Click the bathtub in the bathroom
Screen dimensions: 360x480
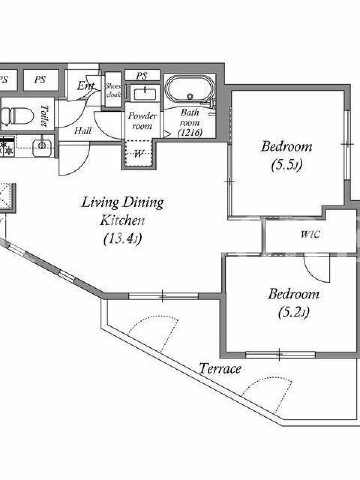click(x=190, y=89)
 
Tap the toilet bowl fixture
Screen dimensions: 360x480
click(x=17, y=115)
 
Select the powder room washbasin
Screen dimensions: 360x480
click(x=145, y=94)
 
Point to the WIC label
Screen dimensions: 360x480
click(x=310, y=235)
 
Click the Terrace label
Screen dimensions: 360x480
click(x=220, y=368)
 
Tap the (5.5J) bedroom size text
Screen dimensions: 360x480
click(x=287, y=166)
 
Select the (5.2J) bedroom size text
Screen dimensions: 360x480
click(x=294, y=313)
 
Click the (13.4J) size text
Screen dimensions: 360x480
click(x=123, y=239)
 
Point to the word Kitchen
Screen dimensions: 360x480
click(x=122, y=220)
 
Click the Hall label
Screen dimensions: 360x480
click(x=83, y=131)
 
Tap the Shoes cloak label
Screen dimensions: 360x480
click(x=113, y=91)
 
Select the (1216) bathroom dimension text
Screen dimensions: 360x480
click(x=190, y=133)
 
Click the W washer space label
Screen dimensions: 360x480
click(x=139, y=154)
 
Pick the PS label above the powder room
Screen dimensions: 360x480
click(x=142, y=76)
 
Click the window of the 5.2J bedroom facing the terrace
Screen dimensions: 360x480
click(x=280, y=355)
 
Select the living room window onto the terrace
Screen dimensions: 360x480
click(x=163, y=296)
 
